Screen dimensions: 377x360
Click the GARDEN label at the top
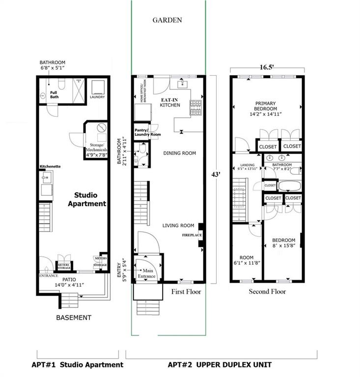(x=167, y=20)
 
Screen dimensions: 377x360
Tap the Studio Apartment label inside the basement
(x=90, y=199)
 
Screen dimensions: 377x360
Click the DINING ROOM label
(x=179, y=153)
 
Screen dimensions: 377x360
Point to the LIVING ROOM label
(x=179, y=226)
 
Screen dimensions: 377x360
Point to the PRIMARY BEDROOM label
(x=266, y=108)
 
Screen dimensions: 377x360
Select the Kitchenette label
(x=50, y=167)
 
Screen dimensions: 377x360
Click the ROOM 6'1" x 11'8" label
(x=246, y=261)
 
